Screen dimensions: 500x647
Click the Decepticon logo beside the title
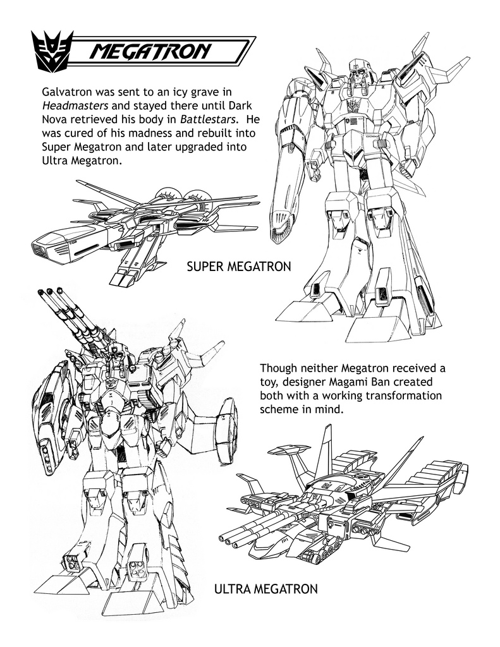point(52,52)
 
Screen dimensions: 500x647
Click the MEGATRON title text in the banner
point(150,52)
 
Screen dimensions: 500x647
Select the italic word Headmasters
point(75,106)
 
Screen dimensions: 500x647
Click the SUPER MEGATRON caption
point(239,267)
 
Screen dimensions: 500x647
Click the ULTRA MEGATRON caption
point(266,588)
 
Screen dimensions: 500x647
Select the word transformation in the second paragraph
point(402,396)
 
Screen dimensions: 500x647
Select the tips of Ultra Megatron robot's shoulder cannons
point(49,292)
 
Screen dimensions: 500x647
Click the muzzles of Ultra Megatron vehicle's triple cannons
point(228,540)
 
